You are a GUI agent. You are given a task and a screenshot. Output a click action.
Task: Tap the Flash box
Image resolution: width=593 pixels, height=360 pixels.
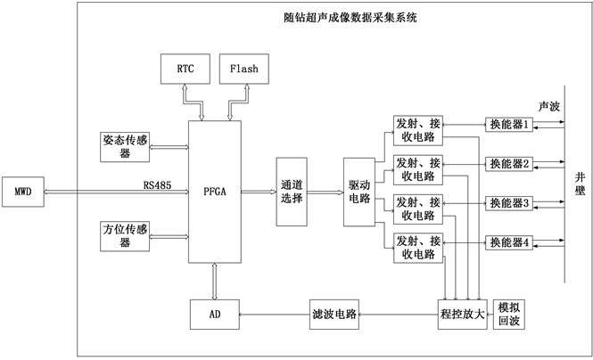243,69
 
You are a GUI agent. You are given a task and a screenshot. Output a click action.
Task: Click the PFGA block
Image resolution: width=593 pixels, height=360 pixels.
215,191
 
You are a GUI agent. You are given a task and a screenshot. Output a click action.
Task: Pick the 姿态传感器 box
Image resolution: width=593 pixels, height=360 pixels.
126,145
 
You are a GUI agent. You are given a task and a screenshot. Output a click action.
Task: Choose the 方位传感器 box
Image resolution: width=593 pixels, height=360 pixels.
126,237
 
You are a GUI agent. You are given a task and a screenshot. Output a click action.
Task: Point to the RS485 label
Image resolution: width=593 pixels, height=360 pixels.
157,185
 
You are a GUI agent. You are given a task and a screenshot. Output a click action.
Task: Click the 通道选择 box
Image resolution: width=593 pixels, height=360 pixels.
292,191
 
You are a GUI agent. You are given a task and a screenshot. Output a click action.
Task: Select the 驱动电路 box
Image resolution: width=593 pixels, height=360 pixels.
360,191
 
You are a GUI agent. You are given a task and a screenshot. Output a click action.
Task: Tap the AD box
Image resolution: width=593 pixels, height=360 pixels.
215,314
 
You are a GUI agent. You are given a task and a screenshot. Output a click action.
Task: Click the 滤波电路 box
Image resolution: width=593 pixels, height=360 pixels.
334,314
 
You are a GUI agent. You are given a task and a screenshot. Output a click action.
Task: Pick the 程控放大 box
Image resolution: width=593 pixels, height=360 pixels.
463,314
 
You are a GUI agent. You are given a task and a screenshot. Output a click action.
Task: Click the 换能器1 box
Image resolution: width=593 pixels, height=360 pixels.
509,125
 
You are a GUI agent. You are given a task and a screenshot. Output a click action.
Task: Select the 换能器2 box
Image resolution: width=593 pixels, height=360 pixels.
509,164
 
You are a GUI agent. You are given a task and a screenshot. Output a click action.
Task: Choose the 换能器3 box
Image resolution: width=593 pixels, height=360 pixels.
509,203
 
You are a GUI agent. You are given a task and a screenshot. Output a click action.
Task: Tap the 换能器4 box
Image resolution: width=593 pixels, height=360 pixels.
509,241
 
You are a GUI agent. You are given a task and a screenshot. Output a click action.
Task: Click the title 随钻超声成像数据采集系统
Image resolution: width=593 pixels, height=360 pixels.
331,15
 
